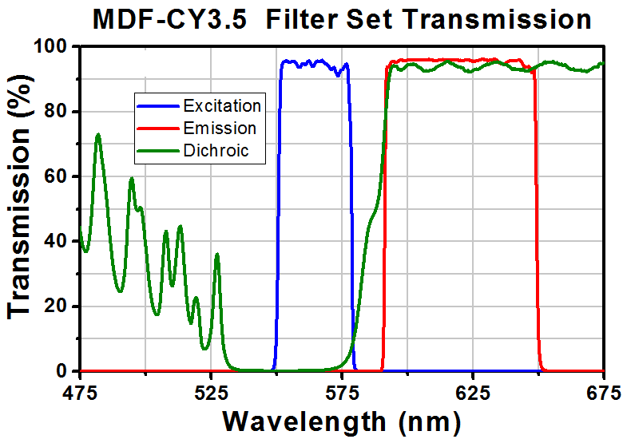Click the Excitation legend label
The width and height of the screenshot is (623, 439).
point(221,106)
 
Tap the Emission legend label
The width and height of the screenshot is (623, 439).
point(220,129)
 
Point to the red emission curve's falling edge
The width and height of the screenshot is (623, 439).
point(536,239)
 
